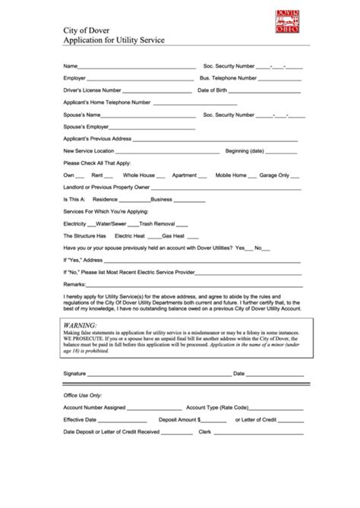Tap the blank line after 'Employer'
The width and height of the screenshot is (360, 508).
tap(140, 79)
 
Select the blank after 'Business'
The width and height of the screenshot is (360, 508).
tap(191, 200)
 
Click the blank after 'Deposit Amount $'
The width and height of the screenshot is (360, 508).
tap(216, 420)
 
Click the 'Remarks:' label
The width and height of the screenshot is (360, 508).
tap(76, 284)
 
